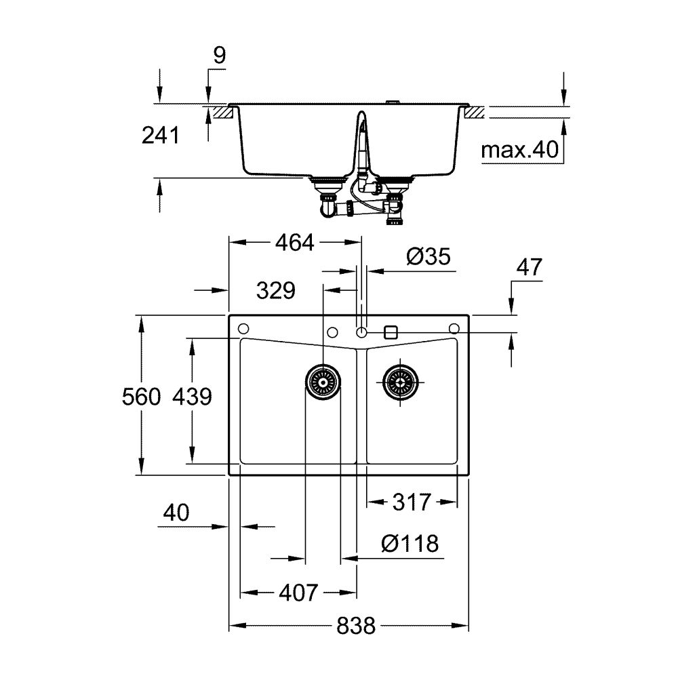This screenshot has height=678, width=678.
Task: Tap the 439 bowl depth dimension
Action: click(193, 396)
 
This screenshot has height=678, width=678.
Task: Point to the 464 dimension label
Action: click(296, 242)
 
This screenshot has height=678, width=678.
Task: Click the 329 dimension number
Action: click(276, 291)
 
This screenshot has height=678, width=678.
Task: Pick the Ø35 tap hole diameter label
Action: click(428, 257)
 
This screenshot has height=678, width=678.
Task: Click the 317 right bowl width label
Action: click(412, 502)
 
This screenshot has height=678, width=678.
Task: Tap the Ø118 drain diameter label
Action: click(410, 543)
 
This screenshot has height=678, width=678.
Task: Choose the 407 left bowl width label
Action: click(298, 593)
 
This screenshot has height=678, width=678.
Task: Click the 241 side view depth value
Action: click(160, 136)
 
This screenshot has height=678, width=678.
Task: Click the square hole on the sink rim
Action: click(390, 332)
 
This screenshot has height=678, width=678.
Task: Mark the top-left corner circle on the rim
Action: click(242, 329)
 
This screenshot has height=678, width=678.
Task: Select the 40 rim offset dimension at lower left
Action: click(176, 513)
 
